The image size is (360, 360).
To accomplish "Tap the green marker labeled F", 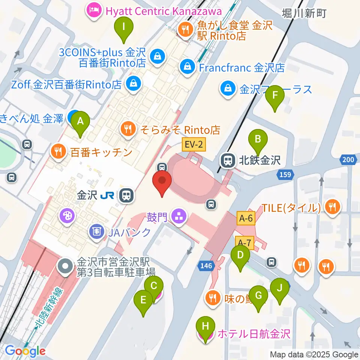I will tap(274, 96).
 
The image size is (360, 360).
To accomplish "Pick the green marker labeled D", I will tap(240, 256).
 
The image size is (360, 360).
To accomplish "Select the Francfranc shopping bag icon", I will tap(186, 67).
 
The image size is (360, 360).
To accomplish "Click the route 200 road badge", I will tap(348, 160).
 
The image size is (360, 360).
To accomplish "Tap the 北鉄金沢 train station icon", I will tap(227, 161).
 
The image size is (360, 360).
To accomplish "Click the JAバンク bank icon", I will tap(97, 232).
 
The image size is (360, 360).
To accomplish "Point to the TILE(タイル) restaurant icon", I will tap(332, 206).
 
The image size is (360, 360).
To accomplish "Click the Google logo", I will tap(25, 351).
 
